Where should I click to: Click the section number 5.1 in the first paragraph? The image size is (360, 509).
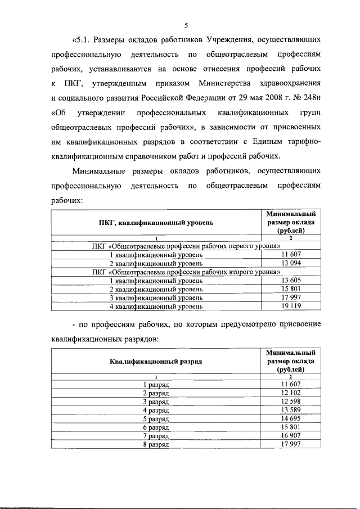[82, 40]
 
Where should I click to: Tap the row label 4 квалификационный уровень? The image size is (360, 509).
[156, 306]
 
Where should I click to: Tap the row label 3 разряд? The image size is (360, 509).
[156, 402]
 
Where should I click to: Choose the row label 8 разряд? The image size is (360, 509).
[156, 444]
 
